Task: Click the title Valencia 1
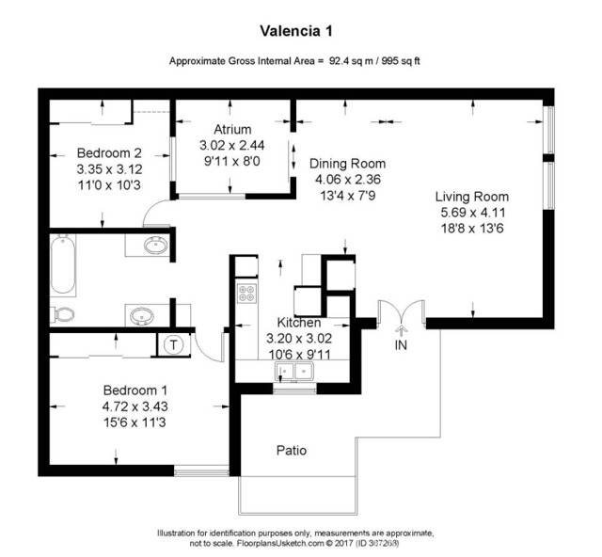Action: pyautogui.click(x=300, y=31)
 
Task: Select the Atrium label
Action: pyautogui.click(x=231, y=130)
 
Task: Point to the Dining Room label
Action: pyautogui.click(x=347, y=163)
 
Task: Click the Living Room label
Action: pyautogui.click(x=471, y=197)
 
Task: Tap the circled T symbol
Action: pyautogui.click(x=174, y=344)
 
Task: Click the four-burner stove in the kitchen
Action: pyautogui.click(x=246, y=293)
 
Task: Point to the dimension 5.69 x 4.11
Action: pyautogui.click(x=471, y=213)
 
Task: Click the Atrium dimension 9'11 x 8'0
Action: pyautogui.click(x=231, y=161)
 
